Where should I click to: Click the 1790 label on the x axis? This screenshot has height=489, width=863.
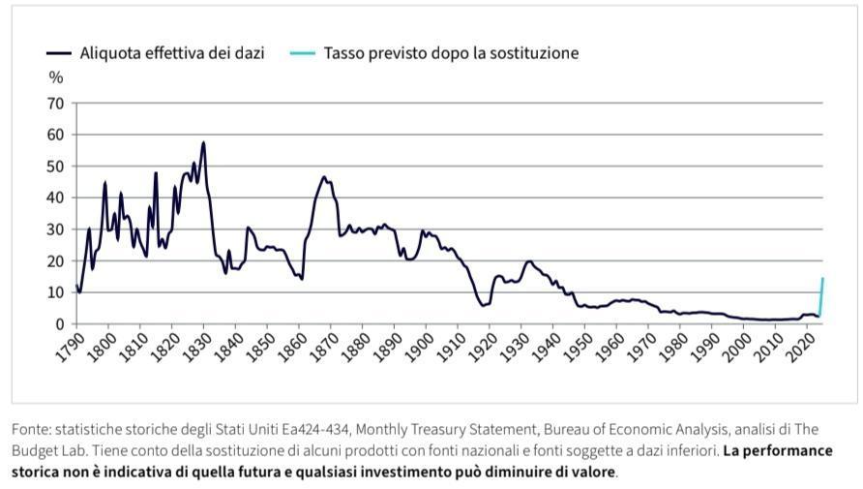coord(68,346)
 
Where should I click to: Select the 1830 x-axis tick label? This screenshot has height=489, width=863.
coord(194,346)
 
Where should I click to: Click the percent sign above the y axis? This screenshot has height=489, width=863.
coord(55,78)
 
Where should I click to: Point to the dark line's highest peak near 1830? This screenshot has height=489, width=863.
coord(203,143)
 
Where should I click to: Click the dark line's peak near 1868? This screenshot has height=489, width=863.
coord(324,177)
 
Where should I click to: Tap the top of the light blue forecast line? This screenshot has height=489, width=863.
coord(822,279)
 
